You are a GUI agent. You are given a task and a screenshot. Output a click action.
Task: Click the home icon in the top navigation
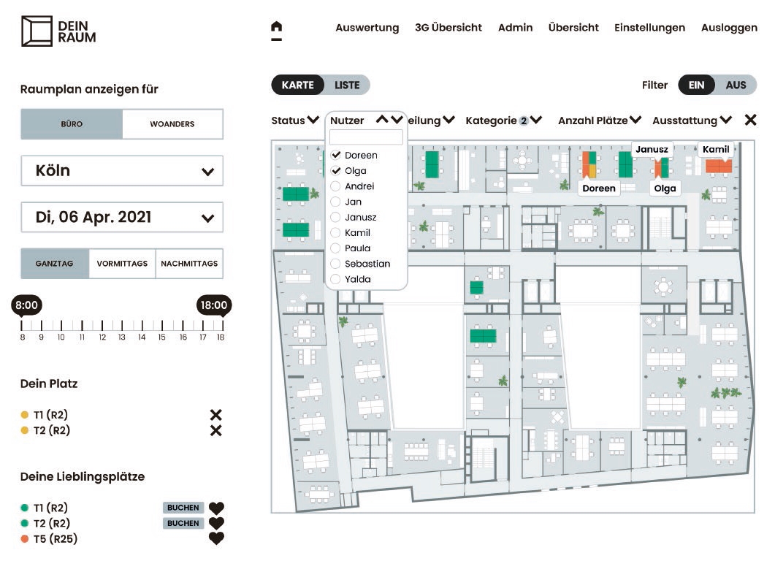[x=277, y=26]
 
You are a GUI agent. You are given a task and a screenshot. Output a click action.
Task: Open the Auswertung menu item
[x=367, y=28]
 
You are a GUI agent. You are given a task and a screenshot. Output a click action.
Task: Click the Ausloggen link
[x=729, y=28]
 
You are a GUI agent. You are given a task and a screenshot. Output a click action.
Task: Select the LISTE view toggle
[x=347, y=85]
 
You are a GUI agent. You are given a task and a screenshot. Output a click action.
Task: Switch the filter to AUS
[x=736, y=85]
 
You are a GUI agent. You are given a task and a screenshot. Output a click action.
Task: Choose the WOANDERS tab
[x=172, y=124]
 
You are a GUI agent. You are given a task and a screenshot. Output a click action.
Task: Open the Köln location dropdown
[x=122, y=171]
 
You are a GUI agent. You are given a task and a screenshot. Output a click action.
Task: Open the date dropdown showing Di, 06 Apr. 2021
[x=122, y=218]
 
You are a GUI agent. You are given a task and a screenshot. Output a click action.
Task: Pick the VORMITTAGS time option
[x=122, y=264]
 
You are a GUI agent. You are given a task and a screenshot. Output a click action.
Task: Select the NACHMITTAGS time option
[x=189, y=264]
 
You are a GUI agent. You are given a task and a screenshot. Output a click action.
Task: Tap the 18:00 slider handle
[x=214, y=305]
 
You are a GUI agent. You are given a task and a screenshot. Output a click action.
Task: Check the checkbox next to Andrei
[x=335, y=186]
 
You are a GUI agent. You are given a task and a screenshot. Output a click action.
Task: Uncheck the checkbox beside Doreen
[x=335, y=155]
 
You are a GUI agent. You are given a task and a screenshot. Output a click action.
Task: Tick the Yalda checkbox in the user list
[x=335, y=279]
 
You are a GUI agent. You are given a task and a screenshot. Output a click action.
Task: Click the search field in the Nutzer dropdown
[x=366, y=137]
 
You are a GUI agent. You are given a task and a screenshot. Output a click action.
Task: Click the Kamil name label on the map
[x=716, y=149]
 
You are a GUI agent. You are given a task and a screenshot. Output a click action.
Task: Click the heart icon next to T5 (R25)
[x=216, y=538]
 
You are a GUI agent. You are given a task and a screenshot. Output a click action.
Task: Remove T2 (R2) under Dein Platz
[x=216, y=430]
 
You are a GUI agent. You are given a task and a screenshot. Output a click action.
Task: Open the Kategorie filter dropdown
[x=504, y=120]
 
